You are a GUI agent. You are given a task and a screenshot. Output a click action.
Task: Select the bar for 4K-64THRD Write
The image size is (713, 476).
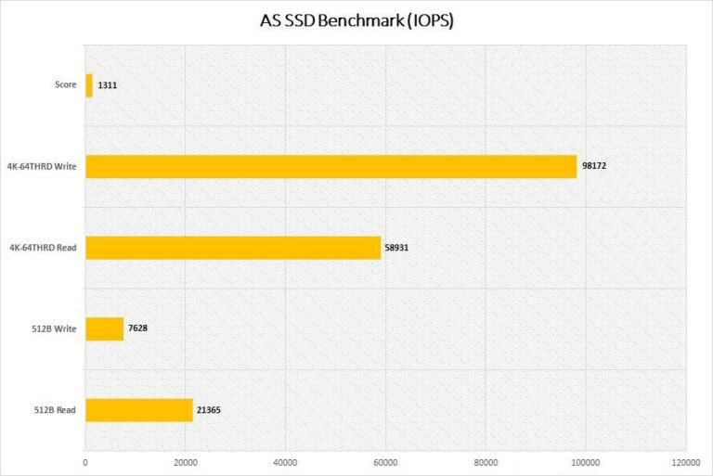[331, 166]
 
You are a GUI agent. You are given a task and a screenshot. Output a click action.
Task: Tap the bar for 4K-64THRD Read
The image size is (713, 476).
[233, 248]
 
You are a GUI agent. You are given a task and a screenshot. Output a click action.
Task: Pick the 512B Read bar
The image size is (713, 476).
[139, 409]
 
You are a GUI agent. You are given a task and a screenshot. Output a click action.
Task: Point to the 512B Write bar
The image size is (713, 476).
[105, 328]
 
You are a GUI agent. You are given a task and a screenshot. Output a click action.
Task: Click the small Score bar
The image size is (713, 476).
[89, 85]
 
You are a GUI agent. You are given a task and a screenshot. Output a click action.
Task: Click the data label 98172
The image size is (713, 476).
[594, 166]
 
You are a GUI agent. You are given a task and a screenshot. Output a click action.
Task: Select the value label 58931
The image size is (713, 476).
[398, 248]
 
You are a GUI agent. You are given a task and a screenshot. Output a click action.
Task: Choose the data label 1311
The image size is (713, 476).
[106, 85]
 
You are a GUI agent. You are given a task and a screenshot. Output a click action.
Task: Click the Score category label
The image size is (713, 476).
[65, 85]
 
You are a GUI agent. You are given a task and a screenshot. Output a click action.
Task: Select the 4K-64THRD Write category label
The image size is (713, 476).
[43, 167]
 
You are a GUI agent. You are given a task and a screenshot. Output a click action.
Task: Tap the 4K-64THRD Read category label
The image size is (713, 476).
[44, 248]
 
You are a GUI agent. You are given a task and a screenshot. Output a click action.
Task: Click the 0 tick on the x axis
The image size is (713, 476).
[85, 461]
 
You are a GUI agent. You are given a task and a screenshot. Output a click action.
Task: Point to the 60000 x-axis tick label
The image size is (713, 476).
[385, 461]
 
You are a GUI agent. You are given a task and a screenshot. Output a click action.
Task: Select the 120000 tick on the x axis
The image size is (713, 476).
[685, 461]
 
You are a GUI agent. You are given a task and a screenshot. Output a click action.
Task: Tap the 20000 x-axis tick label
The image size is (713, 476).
[186, 461]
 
